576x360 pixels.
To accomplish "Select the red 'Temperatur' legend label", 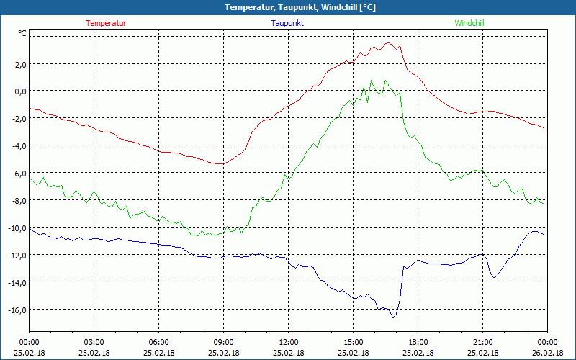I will coord(106,23).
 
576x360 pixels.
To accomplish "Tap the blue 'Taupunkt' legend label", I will coord(287,23).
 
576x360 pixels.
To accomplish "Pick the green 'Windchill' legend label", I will coord(469,23).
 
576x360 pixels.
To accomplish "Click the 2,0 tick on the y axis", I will coord(18,64).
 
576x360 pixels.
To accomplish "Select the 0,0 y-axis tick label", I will coord(18,91).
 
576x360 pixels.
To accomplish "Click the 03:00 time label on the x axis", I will coord(94,342).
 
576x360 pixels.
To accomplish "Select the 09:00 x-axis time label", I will coord(223,342).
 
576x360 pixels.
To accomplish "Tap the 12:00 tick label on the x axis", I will coord(288,342).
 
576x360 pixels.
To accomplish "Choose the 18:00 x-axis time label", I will coord(418,342).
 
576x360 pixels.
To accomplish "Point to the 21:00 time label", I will coord(482,342).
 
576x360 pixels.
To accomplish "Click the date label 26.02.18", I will coord(546,353).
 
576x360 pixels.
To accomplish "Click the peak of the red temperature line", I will coord(388,42).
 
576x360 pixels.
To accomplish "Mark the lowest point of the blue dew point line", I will coord(393,318).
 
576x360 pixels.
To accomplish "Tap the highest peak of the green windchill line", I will coord(371,80).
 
